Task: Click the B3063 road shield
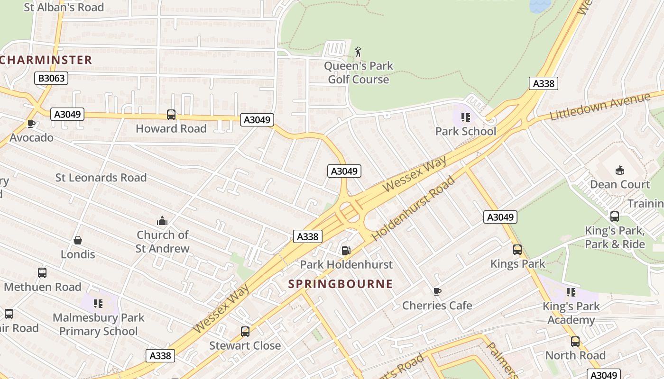(51, 78)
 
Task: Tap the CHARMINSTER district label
(46, 60)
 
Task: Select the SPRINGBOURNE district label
(341, 284)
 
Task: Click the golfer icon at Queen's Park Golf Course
(358, 52)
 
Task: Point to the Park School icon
(465, 117)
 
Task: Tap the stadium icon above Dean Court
(619, 170)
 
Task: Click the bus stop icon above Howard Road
(171, 114)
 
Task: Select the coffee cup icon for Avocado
(31, 124)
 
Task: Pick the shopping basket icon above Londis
(78, 240)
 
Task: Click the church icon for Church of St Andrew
(162, 221)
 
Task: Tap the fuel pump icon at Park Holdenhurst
(346, 250)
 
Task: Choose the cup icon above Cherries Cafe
(437, 291)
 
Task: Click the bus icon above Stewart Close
(245, 332)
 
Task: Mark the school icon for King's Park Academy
(571, 292)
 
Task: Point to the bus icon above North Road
(575, 341)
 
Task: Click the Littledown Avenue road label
(599, 107)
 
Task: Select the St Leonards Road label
(101, 178)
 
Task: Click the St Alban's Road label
(64, 7)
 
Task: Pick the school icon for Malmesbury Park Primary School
(98, 303)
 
